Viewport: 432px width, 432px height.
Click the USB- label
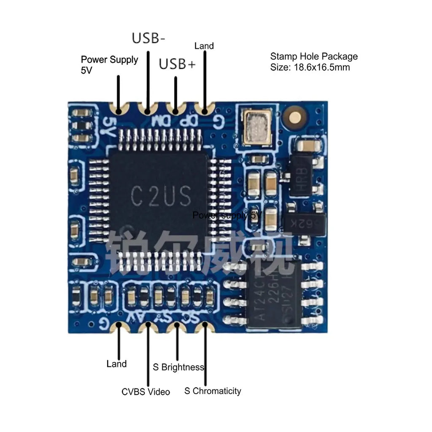[148, 38]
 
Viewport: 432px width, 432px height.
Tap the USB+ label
[177, 64]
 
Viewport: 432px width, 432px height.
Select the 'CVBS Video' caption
[146, 392]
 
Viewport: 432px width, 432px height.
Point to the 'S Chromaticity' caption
[213, 391]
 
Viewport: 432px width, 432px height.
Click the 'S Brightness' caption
[178, 367]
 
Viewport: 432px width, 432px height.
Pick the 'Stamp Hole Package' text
[314, 57]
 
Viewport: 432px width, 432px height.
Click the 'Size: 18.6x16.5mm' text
[310, 67]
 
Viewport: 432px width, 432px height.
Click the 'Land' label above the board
[204, 46]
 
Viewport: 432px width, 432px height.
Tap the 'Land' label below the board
[116, 364]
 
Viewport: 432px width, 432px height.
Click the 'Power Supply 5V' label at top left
[109, 65]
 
